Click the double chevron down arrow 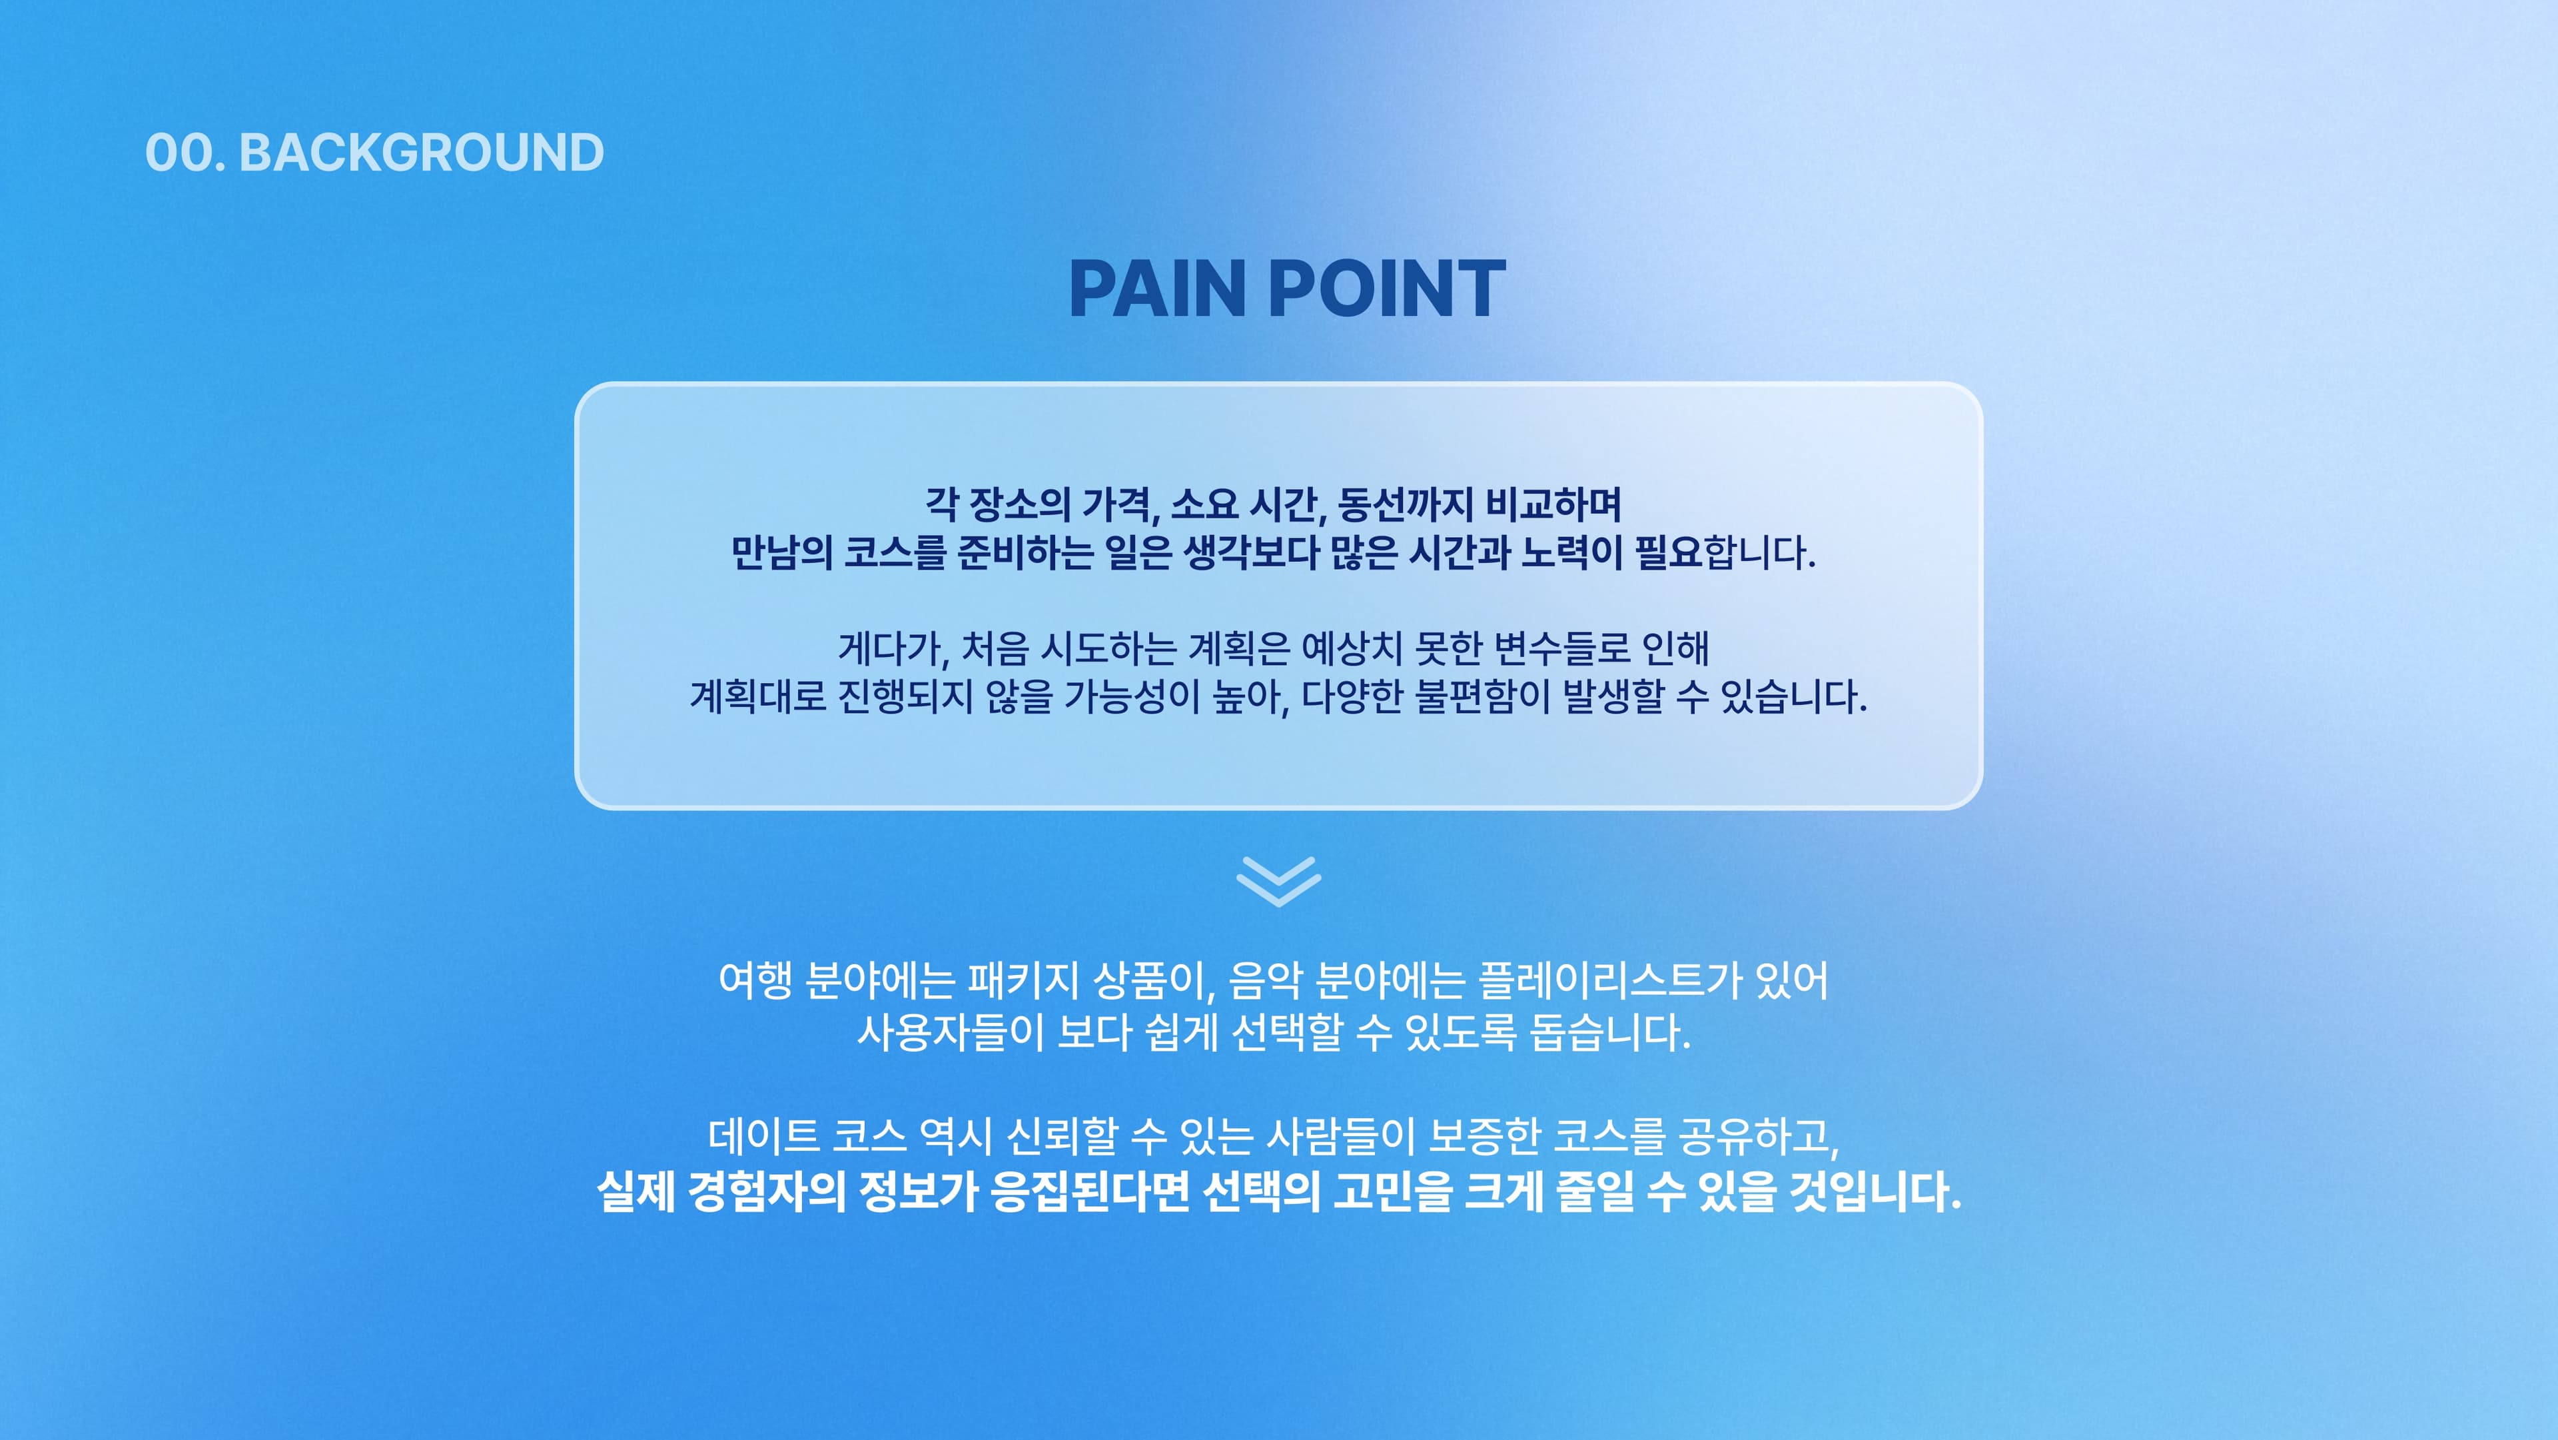pos(1278,881)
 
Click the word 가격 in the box pos(1119,504)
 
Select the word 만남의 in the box pos(781,552)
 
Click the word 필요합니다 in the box pos(1724,552)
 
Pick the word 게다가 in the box pos(893,648)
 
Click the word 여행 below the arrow pos(755,980)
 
